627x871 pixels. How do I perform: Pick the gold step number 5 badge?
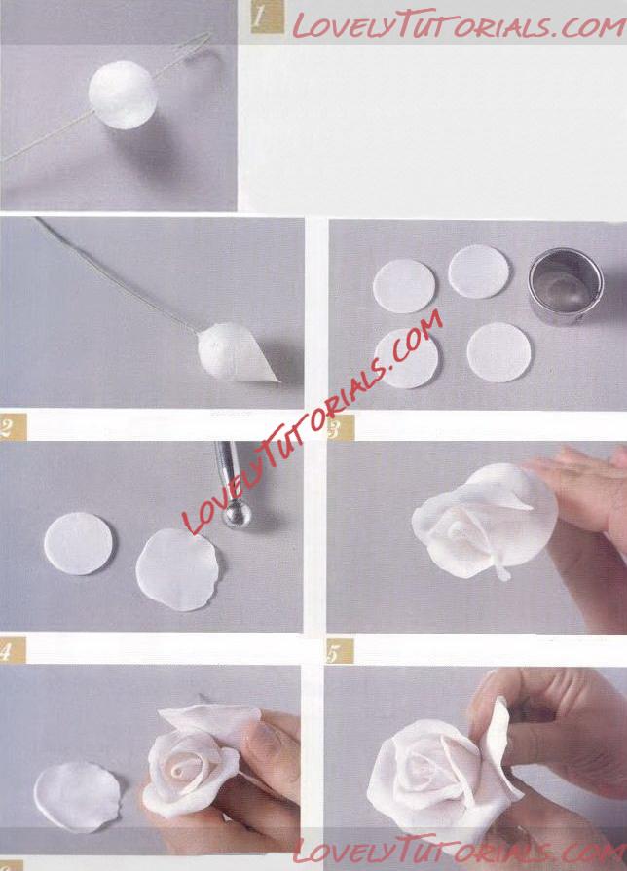(x=340, y=651)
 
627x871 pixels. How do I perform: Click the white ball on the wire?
(x=123, y=95)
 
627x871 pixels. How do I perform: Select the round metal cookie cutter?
(x=566, y=286)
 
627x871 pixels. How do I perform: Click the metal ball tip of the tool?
(x=237, y=514)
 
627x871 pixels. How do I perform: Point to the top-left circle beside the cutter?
(x=404, y=287)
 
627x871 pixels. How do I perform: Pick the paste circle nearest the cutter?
(x=479, y=272)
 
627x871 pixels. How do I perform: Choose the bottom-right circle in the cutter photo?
(x=499, y=352)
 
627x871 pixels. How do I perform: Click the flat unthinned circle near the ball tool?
(x=78, y=543)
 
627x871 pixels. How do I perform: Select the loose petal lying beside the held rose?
(x=77, y=797)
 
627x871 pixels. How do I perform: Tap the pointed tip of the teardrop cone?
(x=279, y=381)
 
